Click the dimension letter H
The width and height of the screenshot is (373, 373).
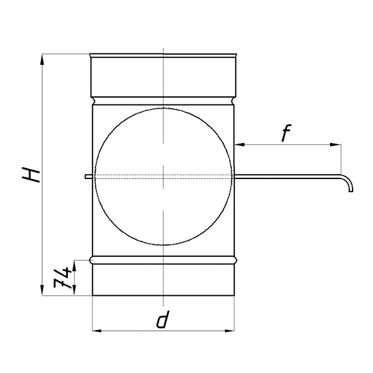30,175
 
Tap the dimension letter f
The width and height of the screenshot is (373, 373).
287,133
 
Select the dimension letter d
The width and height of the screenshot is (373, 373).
163,320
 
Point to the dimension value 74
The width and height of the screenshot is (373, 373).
62,278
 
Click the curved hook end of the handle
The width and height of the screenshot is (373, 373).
350,183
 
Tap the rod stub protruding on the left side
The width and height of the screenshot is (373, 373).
88,177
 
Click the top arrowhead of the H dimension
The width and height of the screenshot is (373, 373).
42,59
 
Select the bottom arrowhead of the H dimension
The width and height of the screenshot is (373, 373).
42,290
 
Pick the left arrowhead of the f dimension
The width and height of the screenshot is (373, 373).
239,144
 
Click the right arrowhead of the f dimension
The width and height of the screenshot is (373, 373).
336,144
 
